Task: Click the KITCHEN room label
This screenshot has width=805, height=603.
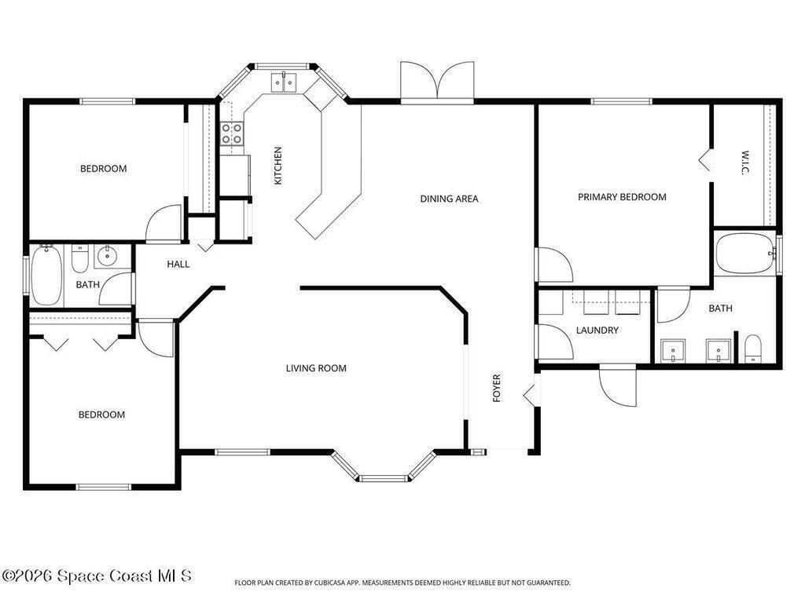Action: coord(278,166)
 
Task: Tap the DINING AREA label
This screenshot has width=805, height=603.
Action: coord(449,199)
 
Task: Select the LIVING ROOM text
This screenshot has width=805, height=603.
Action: coord(316,368)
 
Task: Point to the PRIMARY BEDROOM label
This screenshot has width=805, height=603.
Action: coord(623,197)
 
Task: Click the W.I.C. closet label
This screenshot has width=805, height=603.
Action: coord(745,163)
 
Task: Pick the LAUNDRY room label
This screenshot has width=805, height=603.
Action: coord(597,331)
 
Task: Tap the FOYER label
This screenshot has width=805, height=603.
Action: coord(497,388)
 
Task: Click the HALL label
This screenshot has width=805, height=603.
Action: coord(178,264)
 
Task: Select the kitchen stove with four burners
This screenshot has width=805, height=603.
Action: coord(232,133)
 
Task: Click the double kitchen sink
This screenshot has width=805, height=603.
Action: coord(284,82)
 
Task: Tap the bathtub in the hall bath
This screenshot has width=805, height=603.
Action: coord(46,275)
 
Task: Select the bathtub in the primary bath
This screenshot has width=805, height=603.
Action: coord(746,254)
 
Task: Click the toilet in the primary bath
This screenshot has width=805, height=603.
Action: coord(752,349)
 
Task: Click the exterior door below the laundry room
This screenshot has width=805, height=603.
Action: coord(618,385)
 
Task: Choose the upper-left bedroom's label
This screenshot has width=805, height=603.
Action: coord(103,169)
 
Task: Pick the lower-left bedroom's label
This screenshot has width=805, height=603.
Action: coord(101,415)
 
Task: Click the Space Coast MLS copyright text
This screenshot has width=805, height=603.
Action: coord(97,576)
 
